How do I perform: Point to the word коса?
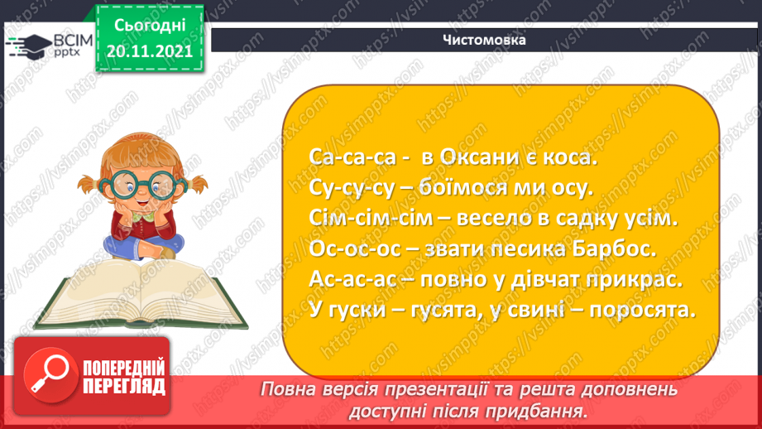click(570, 157)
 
